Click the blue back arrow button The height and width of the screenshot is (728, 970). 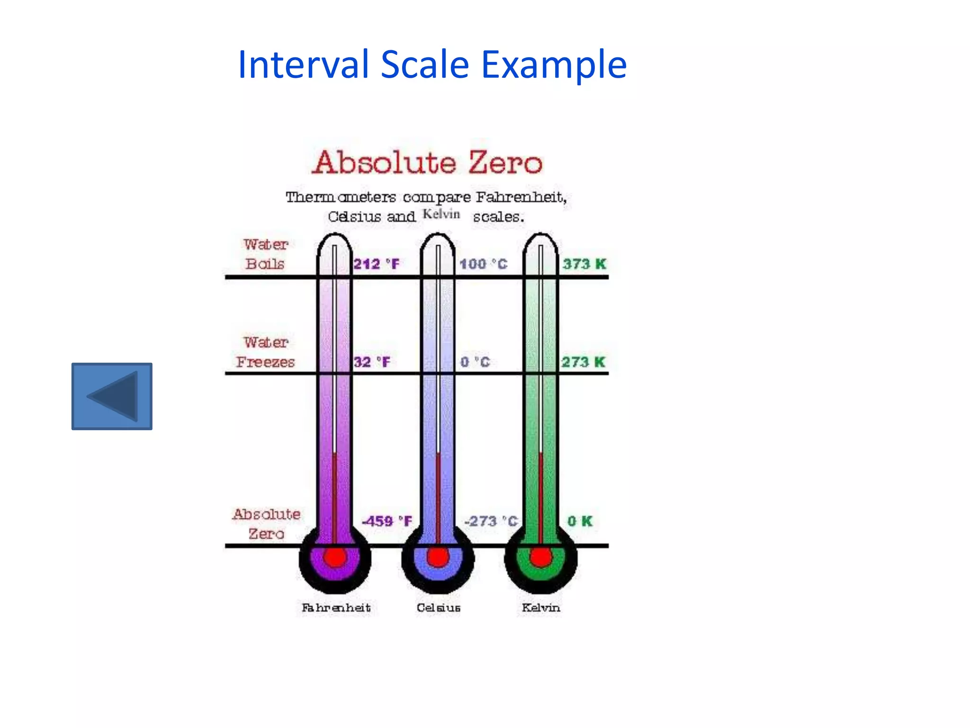coord(112,396)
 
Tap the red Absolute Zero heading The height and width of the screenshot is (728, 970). coord(427,163)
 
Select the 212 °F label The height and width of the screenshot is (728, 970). coord(377,264)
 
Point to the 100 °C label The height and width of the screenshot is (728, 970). coord(483,264)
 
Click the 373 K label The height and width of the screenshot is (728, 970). coord(584,264)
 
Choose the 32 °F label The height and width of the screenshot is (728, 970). coord(372,362)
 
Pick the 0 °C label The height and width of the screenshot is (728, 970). coord(475,362)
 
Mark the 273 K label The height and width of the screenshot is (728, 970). coord(583,362)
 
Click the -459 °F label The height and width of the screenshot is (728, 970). coord(387,521)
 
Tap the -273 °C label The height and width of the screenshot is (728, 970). coord(491,521)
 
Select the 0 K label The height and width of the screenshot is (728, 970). coord(580,521)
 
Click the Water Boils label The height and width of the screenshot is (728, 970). coord(266,254)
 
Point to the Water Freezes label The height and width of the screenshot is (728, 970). coord(266,352)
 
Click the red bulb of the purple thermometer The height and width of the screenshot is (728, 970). coord(335,557)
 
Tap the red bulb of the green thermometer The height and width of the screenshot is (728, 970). coord(540,557)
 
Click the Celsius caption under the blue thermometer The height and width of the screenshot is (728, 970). coord(438,608)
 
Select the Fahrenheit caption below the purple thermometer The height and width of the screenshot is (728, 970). coord(336,608)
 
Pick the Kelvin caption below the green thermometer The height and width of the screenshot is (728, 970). coord(541,608)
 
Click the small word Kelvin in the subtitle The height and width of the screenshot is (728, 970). coord(441,214)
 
